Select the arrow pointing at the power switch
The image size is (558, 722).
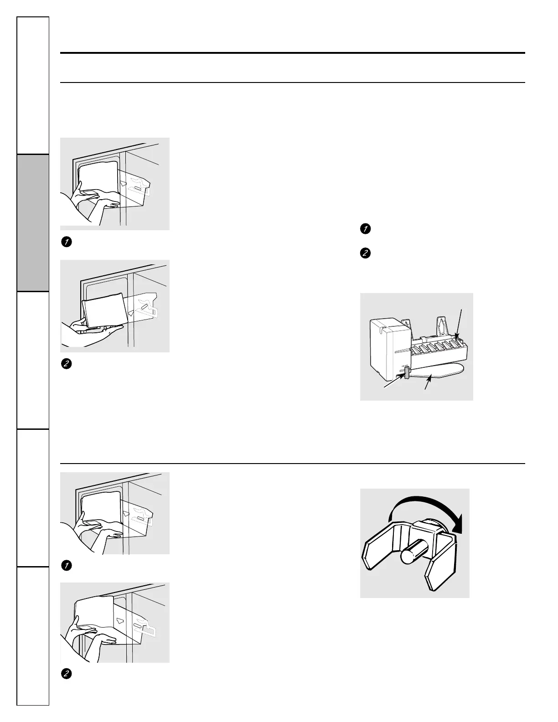tap(393, 381)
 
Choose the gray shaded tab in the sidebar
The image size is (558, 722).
tap(33, 223)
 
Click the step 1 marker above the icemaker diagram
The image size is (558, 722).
tap(364, 229)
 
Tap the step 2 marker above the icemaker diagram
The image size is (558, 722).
tap(364, 253)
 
